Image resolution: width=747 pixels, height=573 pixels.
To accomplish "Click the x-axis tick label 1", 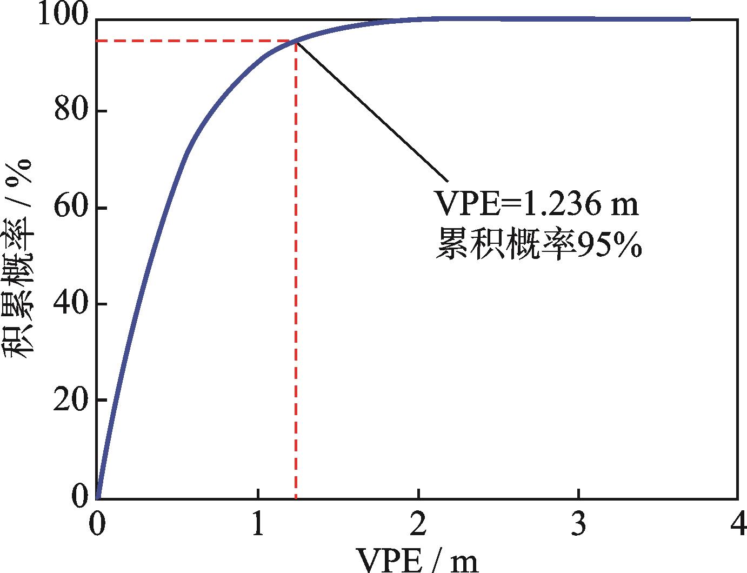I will (258, 525).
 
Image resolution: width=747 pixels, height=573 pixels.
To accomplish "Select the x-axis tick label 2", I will (418, 525).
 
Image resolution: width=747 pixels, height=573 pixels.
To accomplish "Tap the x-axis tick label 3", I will (578, 525).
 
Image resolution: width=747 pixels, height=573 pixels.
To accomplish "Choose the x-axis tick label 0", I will (97, 525).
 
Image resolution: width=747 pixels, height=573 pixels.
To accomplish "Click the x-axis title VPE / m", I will (417, 560).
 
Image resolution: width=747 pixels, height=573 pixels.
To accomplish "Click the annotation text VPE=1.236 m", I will (537, 205).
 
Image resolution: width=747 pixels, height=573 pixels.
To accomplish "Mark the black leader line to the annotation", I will (373, 111).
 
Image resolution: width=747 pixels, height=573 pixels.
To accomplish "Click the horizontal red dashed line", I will (195, 41).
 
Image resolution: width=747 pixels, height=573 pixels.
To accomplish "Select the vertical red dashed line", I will (296, 270).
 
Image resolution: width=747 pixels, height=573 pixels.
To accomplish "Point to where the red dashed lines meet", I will (296, 41).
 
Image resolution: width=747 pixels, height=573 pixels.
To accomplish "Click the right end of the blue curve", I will (690, 19).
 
